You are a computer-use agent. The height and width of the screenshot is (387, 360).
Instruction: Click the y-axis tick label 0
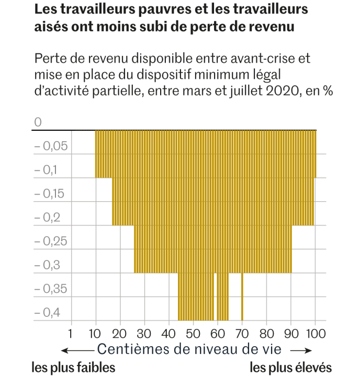coord(37,122)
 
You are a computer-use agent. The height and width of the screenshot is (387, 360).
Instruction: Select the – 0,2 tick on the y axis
coord(48,218)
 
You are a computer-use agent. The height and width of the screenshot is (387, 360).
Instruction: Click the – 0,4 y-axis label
coord(48,313)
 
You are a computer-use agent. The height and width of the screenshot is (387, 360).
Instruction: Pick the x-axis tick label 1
coord(71,333)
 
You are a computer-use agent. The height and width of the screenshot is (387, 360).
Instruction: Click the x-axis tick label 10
coord(95,333)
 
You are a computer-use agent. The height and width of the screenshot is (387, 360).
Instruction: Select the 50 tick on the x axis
coord(193,333)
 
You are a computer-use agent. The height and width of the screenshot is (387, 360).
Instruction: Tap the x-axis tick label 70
coord(242,333)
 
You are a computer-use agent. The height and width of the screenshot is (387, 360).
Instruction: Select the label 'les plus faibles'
coord(73,368)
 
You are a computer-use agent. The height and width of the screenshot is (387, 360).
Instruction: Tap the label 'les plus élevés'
coord(290,368)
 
